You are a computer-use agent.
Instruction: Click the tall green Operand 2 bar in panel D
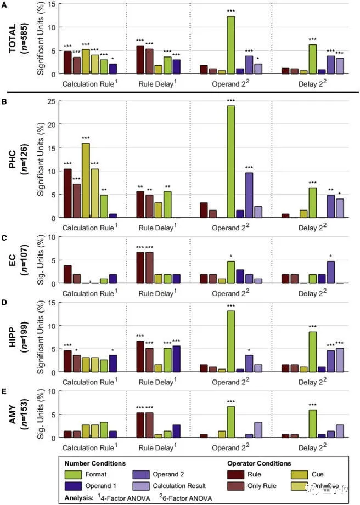[x=231, y=342]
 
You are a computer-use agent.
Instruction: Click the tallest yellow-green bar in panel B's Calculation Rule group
[x=86, y=180]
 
